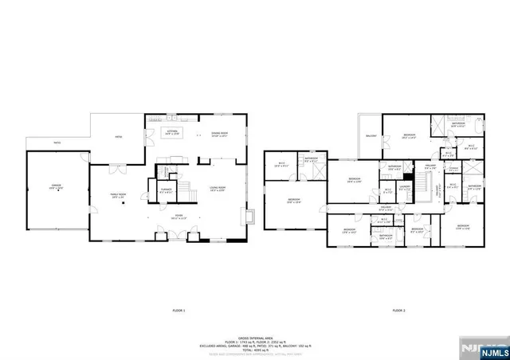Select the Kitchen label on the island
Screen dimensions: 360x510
171,133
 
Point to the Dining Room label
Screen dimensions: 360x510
219,134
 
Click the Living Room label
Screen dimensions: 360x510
218,188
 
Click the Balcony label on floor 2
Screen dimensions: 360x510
371,136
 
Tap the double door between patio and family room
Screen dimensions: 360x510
117,169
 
